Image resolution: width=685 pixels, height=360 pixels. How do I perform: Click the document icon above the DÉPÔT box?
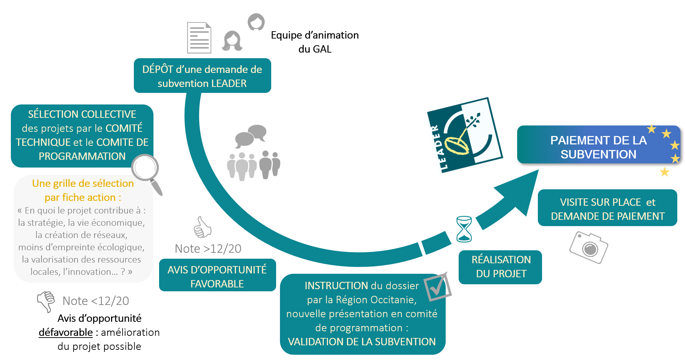199,38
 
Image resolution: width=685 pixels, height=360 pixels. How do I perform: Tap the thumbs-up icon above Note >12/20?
203,227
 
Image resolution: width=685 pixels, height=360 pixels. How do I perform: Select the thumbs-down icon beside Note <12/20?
46,301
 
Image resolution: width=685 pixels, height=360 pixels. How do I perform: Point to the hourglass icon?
464,229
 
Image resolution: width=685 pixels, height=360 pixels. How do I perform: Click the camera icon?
590,247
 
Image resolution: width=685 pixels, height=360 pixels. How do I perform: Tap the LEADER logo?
465,135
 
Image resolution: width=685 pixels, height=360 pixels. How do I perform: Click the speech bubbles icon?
251,135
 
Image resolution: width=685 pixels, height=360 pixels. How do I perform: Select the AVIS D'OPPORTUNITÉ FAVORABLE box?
217,276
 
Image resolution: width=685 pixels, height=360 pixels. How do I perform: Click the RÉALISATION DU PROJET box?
501,267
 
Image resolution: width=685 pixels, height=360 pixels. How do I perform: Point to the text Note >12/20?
208,249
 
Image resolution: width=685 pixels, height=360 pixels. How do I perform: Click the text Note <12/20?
96,301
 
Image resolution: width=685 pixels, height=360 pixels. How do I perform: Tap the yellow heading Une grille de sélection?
83,183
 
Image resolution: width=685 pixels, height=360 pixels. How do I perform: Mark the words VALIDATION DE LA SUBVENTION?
362,342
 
